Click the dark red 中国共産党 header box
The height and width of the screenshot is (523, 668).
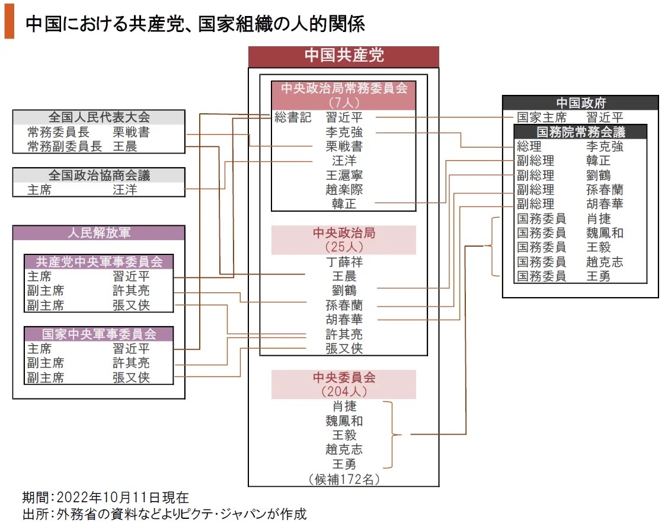click(x=343, y=56)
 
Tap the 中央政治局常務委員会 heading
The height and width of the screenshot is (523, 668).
click(x=344, y=88)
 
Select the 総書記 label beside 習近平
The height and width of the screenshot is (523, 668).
click(x=293, y=117)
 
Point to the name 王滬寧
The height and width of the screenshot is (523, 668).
click(x=344, y=176)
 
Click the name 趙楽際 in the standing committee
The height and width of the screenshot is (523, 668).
click(x=344, y=190)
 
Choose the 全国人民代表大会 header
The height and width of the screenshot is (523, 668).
click(x=99, y=117)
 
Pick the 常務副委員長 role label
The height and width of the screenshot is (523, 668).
click(x=65, y=146)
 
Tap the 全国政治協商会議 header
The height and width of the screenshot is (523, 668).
click(x=99, y=176)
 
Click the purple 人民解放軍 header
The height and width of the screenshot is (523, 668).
click(x=99, y=233)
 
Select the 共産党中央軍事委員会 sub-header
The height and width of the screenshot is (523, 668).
click(x=99, y=261)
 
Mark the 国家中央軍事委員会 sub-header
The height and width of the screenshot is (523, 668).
click(x=99, y=334)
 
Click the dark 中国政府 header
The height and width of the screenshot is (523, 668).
click(x=580, y=103)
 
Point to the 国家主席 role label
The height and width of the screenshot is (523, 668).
click(x=541, y=117)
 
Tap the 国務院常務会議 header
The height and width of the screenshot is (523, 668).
click(x=580, y=132)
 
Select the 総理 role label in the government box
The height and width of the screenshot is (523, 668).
click(x=529, y=146)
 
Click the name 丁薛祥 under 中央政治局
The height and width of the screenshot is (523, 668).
click(x=344, y=261)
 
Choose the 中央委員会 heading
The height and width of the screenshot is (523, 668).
click(x=344, y=378)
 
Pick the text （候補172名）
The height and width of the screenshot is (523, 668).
click(x=344, y=479)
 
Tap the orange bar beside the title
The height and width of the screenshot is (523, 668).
click(x=9, y=24)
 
